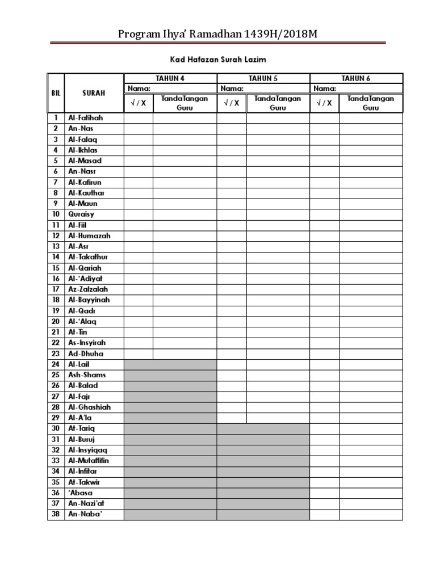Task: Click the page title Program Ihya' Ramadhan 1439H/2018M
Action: click(217, 34)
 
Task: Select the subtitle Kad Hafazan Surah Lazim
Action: click(218, 59)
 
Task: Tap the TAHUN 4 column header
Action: click(170, 78)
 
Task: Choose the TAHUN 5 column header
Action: click(263, 78)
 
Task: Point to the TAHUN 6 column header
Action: click(356, 78)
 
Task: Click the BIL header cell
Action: click(56, 93)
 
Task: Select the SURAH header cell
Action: click(94, 93)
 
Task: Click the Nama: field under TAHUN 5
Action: click(263, 89)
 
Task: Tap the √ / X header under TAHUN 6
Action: click(325, 103)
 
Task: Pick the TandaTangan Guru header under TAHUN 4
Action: click(185, 103)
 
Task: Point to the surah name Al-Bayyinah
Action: click(89, 300)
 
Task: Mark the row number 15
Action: click(56, 268)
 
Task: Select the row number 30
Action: click(56, 428)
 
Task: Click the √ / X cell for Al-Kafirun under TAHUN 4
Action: click(139, 182)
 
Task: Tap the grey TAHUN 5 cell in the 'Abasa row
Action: click(263, 493)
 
